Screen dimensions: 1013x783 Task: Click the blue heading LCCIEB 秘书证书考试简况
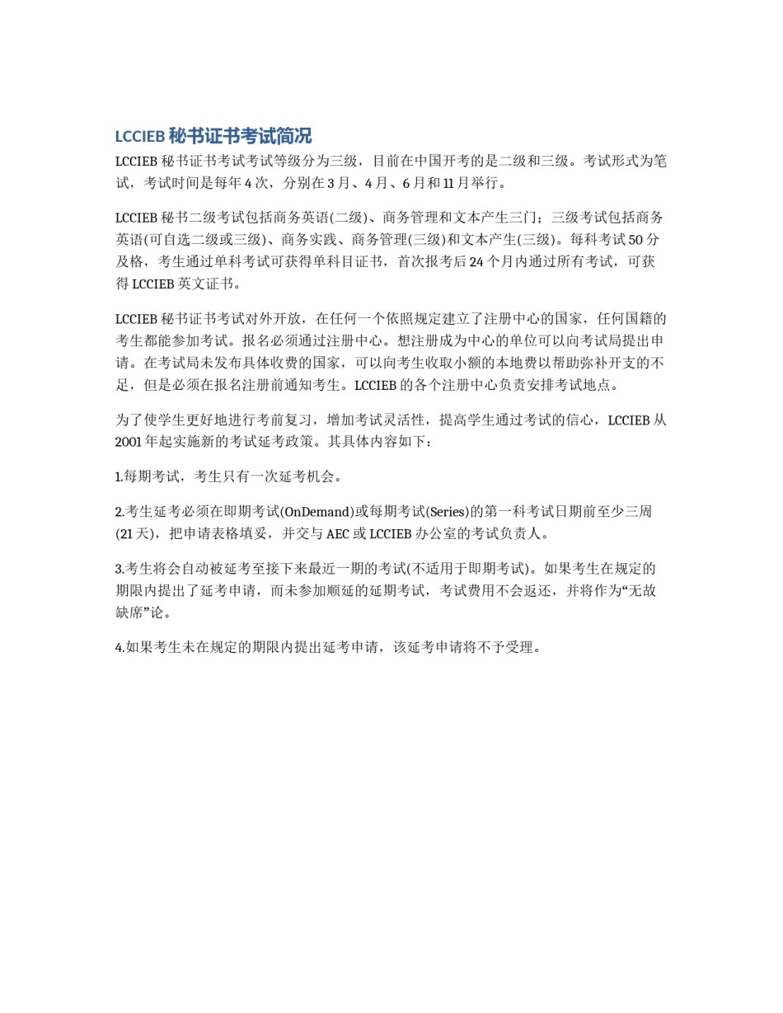click(x=213, y=136)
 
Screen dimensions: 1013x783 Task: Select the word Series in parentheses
click(x=448, y=511)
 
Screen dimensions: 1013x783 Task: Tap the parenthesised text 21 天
click(x=137, y=533)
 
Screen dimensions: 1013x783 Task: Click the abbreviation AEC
click(x=337, y=533)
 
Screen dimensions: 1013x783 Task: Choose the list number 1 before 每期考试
click(x=119, y=476)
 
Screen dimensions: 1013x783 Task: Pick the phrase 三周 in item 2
click(x=638, y=511)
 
